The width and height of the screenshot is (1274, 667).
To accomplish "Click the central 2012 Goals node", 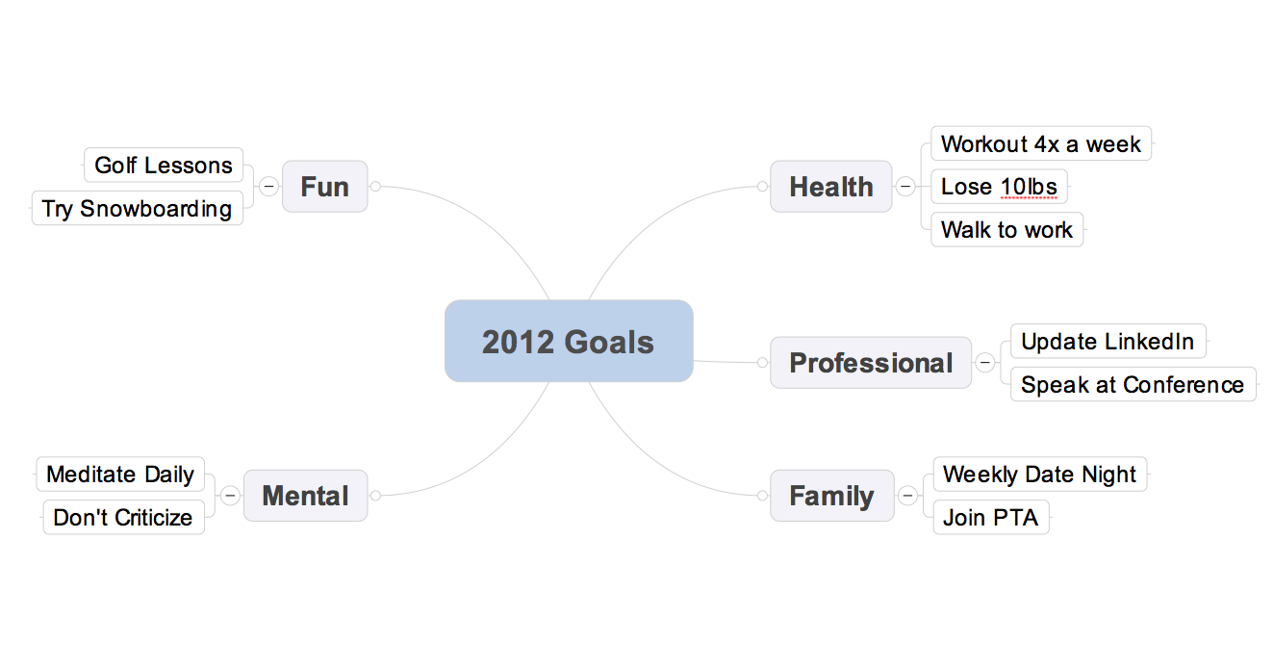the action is (569, 341).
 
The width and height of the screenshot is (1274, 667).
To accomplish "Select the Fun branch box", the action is (325, 187).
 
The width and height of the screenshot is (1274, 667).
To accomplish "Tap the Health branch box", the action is (831, 187).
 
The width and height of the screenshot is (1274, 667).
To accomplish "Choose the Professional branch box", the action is (871, 363).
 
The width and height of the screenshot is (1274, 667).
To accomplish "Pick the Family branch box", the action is (832, 495).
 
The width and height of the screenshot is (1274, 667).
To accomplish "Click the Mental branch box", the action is (305, 495).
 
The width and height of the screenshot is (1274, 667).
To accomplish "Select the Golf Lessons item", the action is (164, 165).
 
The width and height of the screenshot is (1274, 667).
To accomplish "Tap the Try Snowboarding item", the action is (137, 208).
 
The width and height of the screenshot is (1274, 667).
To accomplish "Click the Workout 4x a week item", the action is (1041, 143).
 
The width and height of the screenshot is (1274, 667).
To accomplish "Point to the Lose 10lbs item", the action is (999, 187).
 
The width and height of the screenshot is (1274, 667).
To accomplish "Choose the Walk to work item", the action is (1006, 230).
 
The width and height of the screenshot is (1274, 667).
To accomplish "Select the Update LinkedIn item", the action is (1108, 341).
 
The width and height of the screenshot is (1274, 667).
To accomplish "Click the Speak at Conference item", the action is (1133, 384).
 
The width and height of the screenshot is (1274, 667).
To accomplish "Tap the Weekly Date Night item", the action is (1039, 475).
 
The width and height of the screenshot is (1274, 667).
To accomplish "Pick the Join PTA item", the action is (991, 517).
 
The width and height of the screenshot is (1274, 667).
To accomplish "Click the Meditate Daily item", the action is (120, 475).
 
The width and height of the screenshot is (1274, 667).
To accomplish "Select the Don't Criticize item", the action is (123, 517).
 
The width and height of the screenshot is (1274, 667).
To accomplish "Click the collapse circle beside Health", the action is (905, 186).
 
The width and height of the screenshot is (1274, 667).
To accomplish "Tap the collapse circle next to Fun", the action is (268, 186).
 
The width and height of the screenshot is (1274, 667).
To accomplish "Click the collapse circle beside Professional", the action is (985, 362).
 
